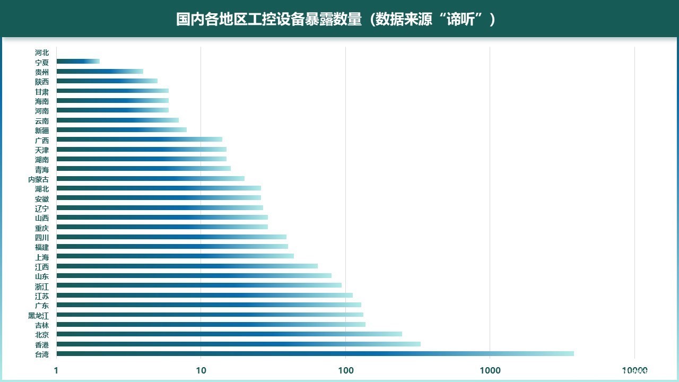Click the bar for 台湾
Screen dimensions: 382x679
[x=315, y=353]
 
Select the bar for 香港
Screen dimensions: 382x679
[x=238, y=344]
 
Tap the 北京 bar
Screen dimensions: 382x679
[x=229, y=334]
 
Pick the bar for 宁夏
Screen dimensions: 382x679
[x=78, y=62]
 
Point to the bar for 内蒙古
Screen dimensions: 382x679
[x=150, y=178]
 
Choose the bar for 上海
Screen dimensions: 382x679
[x=175, y=256]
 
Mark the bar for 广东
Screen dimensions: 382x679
[x=208, y=305]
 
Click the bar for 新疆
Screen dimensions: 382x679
[x=121, y=129]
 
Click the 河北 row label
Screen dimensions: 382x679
[x=42, y=53]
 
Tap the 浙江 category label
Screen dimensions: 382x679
[x=42, y=286]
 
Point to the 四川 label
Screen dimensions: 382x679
[x=42, y=237]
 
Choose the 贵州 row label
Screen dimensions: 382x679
[x=42, y=72]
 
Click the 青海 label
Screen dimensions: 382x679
[x=42, y=169]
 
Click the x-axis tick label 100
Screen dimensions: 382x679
[x=345, y=370]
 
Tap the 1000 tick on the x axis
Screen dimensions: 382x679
[x=490, y=370]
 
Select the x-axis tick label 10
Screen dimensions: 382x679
[x=201, y=370]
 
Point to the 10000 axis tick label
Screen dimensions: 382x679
[x=634, y=370]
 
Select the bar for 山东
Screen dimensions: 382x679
[x=194, y=276]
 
